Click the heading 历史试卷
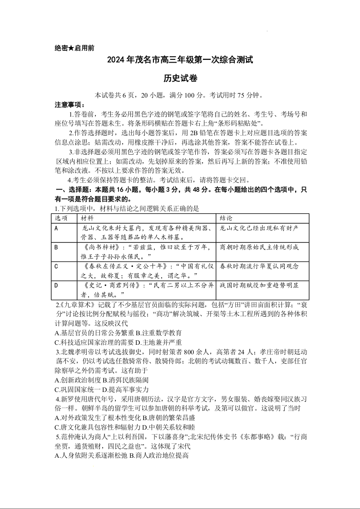[180, 78]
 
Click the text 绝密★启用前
[74, 48]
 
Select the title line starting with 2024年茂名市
[180, 60]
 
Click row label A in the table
[56, 228]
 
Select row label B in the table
[56, 247]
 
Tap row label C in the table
[56, 266]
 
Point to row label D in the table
[56, 285]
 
